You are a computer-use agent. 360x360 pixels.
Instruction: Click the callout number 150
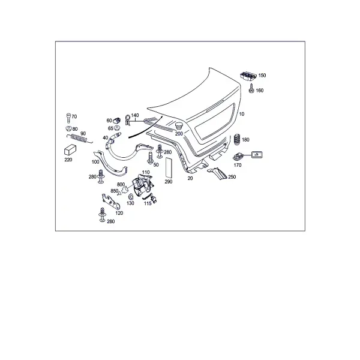click(262, 76)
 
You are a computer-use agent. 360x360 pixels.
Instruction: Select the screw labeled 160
click(251, 89)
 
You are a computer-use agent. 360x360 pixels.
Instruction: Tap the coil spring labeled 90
click(79, 138)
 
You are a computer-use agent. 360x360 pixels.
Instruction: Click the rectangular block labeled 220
click(70, 149)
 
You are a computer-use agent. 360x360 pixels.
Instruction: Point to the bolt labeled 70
click(68, 118)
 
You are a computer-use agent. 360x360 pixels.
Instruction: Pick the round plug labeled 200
click(179, 126)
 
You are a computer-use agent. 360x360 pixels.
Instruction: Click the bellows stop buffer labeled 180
click(237, 139)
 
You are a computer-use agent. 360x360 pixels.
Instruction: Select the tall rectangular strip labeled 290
click(169, 167)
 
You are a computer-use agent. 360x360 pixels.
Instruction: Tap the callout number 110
click(146, 172)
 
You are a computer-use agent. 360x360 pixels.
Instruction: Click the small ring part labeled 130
click(131, 197)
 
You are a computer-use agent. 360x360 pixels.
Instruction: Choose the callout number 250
click(232, 177)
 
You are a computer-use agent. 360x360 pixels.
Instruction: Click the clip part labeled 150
click(248, 76)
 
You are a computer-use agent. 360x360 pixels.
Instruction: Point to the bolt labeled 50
click(151, 158)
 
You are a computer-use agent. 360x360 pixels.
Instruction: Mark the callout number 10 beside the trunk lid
click(242, 114)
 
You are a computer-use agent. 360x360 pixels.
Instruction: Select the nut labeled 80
click(68, 128)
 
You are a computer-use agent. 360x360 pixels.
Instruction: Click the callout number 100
click(95, 162)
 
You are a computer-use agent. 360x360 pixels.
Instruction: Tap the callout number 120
click(119, 213)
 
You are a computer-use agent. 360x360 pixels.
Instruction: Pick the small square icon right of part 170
click(257, 155)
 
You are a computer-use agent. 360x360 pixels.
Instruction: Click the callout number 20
click(190, 178)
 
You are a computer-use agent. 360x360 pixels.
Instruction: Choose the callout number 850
click(115, 191)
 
